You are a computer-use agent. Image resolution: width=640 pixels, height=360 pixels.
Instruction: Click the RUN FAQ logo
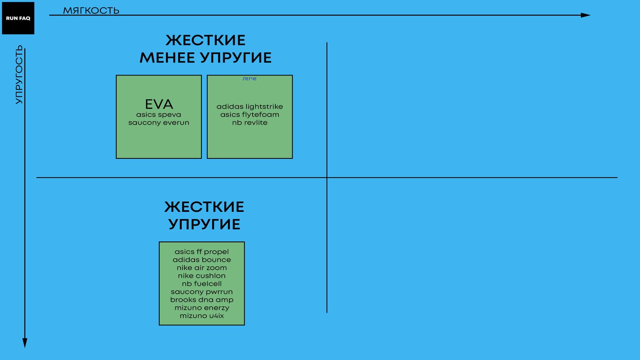click(x=18, y=18)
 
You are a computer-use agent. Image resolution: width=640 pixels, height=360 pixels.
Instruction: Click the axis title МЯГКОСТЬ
click(x=91, y=10)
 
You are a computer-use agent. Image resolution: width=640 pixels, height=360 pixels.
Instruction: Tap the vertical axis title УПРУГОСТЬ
click(x=19, y=75)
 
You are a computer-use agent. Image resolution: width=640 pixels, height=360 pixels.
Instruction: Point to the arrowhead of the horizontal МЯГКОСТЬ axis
click(x=586, y=15)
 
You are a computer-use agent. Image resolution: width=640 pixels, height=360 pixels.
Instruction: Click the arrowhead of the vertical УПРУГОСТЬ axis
click(x=25, y=342)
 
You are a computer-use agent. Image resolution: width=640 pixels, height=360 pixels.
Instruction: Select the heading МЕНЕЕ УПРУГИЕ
click(x=205, y=58)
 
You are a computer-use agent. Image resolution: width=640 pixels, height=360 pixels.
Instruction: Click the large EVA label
click(x=159, y=104)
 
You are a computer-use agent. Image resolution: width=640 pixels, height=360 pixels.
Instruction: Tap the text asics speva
click(x=158, y=115)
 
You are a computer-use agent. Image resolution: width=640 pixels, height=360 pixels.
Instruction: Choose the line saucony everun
click(x=158, y=123)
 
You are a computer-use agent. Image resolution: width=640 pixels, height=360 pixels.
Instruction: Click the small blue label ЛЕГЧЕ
click(x=250, y=79)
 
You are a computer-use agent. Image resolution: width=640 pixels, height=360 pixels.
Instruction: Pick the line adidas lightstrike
click(x=250, y=107)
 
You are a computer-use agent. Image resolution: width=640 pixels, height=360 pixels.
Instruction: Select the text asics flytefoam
click(x=250, y=115)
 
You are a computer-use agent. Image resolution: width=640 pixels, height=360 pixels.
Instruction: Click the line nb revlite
click(x=250, y=123)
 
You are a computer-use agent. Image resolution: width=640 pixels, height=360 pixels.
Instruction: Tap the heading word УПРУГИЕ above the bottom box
click(x=204, y=224)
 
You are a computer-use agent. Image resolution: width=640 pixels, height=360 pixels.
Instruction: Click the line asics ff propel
click(x=202, y=252)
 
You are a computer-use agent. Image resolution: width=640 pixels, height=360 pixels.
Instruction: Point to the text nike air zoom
click(x=202, y=268)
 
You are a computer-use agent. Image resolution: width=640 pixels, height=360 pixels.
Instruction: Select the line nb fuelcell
click(x=202, y=284)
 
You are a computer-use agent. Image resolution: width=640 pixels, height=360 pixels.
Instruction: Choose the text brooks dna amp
click(x=202, y=300)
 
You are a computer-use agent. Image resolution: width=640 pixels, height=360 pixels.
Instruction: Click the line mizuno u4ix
click(x=202, y=316)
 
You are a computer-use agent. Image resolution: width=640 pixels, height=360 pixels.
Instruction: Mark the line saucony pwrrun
click(x=202, y=292)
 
